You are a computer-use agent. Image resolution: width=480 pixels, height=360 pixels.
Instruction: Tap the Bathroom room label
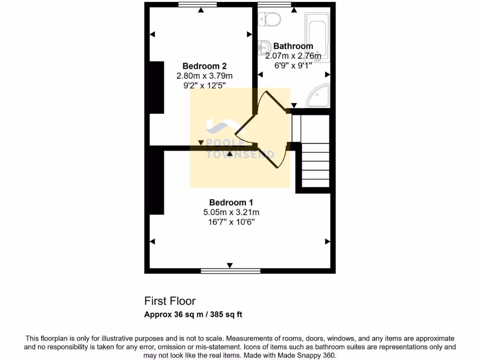(x=293, y=46)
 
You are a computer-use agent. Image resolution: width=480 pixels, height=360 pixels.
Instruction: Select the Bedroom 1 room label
(x=231, y=202)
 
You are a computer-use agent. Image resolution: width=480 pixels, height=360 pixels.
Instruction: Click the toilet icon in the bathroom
(x=270, y=19)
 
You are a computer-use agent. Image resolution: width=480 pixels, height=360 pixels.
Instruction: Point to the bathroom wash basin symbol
(x=264, y=46)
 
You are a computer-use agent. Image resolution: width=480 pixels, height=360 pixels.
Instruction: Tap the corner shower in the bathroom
(x=319, y=96)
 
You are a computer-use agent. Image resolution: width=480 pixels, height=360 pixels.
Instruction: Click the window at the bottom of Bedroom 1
(x=231, y=270)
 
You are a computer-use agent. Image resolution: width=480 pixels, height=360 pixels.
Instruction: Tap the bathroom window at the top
(x=274, y=5)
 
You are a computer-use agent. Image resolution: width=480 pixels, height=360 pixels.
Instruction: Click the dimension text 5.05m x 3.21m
(x=231, y=212)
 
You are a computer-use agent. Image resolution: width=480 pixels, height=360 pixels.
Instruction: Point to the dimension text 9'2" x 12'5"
(x=204, y=85)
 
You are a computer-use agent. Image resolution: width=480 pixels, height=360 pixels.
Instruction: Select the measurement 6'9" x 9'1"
(x=293, y=65)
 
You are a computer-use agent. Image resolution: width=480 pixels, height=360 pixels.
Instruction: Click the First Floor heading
(x=170, y=301)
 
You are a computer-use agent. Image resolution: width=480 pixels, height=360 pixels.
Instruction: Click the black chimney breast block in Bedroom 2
(x=156, y=87)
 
